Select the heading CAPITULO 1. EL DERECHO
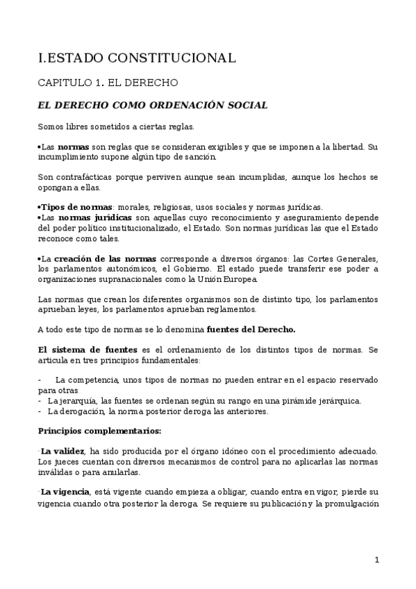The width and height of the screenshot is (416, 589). click(x=108, y=83)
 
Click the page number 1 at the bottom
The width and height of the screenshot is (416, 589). click(x=376, y=560)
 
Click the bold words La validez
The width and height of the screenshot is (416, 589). click(x=63, y=451)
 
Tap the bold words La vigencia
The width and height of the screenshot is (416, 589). click(x=65, y=492)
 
